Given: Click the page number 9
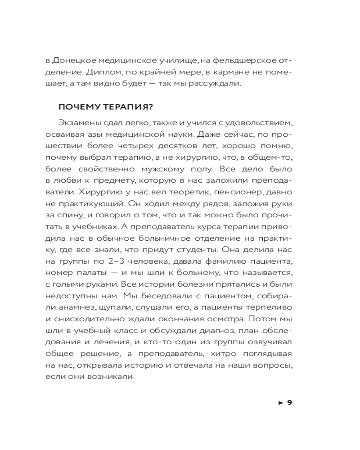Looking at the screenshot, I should (290, 402).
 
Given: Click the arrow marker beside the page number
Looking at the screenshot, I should (281, 402).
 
